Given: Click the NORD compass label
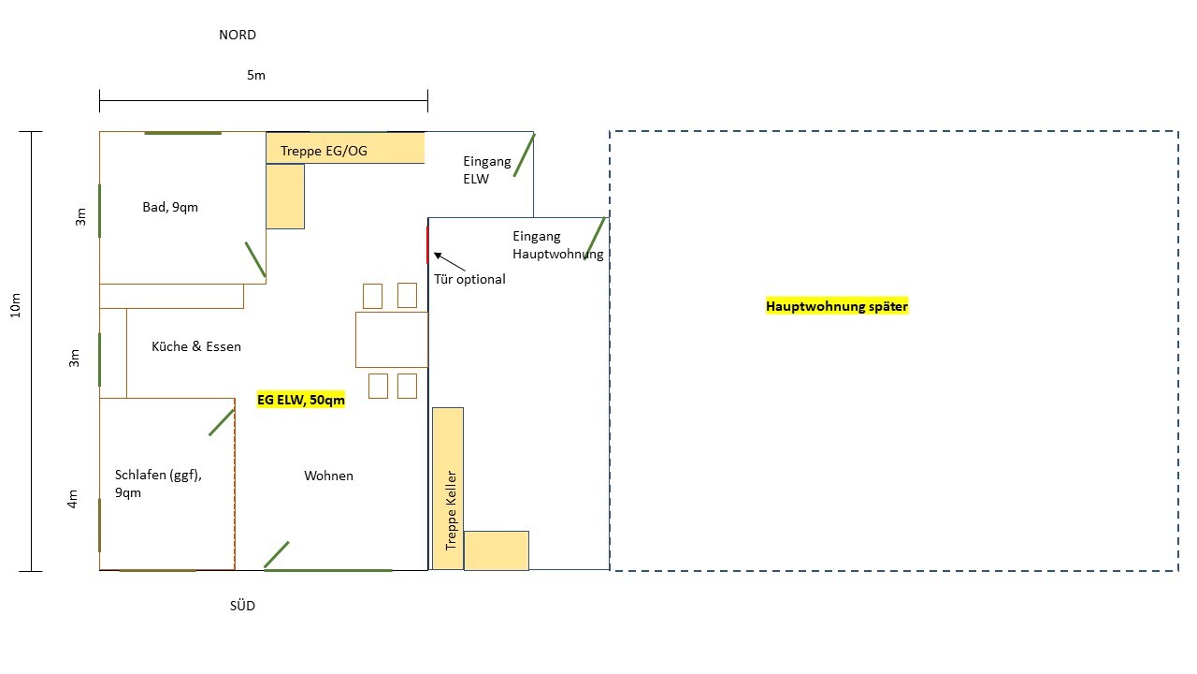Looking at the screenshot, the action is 238,35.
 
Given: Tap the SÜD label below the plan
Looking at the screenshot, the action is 242,606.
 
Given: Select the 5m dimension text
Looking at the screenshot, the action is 256,75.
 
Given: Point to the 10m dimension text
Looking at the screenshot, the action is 16,305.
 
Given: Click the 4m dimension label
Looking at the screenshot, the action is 73,499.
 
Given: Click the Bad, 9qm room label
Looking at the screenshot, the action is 170,207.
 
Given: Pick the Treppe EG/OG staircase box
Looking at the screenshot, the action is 345,148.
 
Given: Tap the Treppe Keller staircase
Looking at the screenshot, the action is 448,489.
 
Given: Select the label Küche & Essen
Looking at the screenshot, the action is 196,346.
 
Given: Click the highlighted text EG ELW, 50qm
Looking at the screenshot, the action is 301,400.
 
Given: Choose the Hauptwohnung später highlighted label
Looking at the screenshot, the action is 837,306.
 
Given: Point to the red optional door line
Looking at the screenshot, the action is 427,245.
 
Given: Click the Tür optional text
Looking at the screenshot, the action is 469,279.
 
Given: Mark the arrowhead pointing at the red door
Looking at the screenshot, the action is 437,256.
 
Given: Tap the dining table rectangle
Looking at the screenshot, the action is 392,340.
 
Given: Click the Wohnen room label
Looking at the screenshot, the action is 328,476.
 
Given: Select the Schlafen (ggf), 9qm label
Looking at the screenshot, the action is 158,484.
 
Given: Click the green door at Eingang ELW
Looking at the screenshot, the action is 525,155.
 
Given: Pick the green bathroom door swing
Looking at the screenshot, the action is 255,259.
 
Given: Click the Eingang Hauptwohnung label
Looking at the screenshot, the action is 558,245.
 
